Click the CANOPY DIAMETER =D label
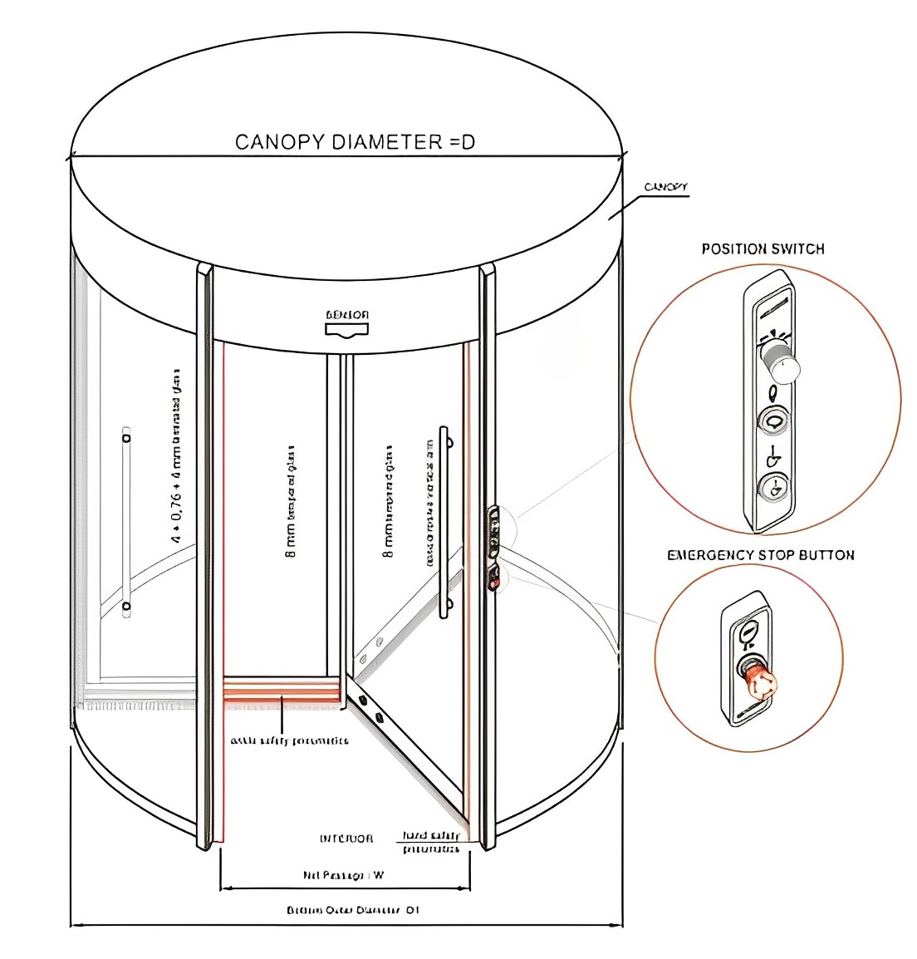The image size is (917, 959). click(355, 142)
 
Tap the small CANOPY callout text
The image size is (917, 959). click(665, 187)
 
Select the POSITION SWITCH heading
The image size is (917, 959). click(763, 248)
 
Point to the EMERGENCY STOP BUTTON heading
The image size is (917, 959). click(760, 555)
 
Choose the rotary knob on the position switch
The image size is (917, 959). click(780, 363)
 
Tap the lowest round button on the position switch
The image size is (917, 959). click(774, 487)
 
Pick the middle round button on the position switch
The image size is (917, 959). click(773, 421)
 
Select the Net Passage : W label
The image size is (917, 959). click(343, 875)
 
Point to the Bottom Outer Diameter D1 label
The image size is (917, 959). click(352, 910)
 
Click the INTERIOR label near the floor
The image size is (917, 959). click(346, 839)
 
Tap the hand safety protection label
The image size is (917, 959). click(431, 842)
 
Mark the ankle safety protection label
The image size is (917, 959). click(289, 740)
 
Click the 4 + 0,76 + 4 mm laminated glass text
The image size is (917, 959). click(176, 457)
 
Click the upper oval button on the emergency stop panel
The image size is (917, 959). click(748, 632)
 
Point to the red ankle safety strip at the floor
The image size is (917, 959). click(282, 689)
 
